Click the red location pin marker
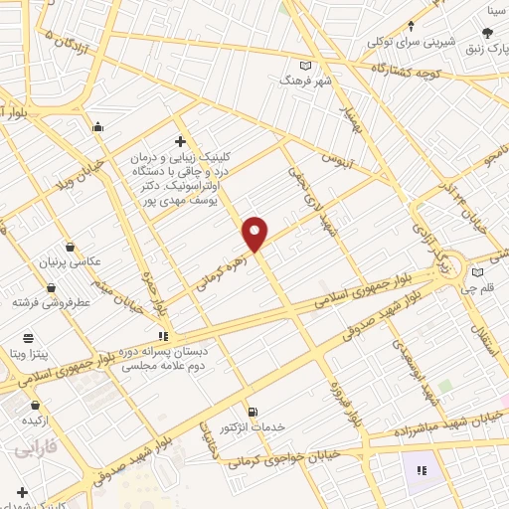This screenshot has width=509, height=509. point(255,233)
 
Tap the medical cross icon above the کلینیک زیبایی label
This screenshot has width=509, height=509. point(179,141)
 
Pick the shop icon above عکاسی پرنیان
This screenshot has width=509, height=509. point(69,247)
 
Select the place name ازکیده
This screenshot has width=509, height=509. point(37,421)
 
